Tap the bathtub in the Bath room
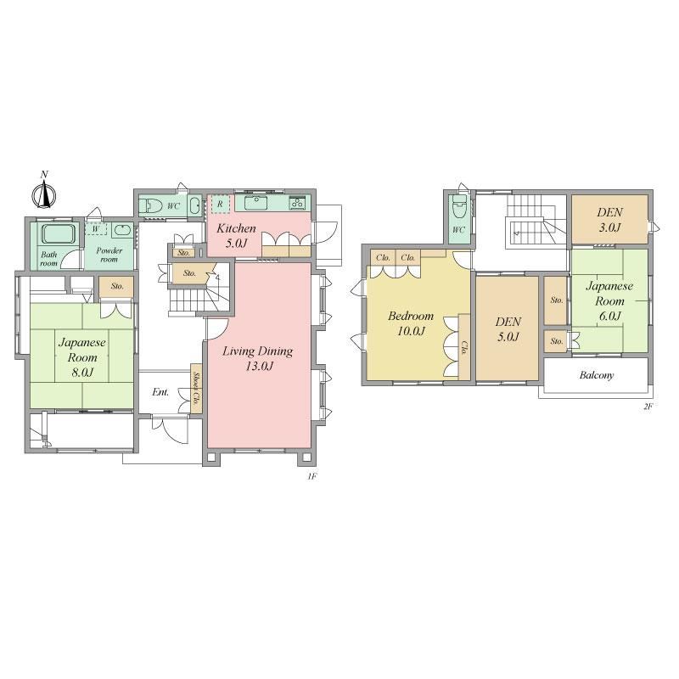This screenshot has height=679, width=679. pos(59,234)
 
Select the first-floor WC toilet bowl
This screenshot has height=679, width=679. pos(152,205)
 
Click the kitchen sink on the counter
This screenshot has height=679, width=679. pos(255,202)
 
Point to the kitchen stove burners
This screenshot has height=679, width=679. pos(298,202)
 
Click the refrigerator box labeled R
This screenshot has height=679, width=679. pos(221,204)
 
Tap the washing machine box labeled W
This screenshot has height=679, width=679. pos(96,228)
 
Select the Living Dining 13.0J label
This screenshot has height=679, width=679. pos(258,358)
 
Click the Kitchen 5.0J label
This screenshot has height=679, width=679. pos(236,235)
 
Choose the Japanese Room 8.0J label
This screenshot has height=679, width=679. pos(81,357)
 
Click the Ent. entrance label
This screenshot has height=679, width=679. pos(160,392)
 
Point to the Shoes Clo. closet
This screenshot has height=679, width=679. pos(196,389)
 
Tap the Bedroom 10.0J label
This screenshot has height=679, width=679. pos(411,323)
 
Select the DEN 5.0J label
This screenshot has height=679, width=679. pos(508,329)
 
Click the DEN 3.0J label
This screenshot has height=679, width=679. pos(609,220)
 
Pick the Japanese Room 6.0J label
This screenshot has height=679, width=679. pos(609,300)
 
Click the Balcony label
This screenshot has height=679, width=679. pos(597,375)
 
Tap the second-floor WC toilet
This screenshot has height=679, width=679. pos(458,208)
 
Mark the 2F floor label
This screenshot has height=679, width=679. pos(648,407)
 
